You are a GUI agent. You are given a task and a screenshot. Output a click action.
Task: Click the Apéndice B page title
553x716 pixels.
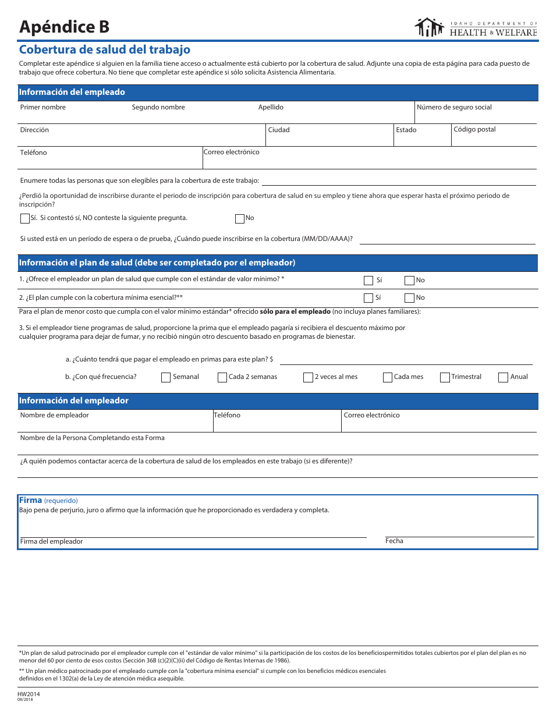(64, 27)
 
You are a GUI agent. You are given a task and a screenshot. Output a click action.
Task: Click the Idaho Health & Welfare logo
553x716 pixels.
(476, 27)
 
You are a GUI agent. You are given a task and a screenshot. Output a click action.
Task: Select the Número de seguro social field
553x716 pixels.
(476, 115)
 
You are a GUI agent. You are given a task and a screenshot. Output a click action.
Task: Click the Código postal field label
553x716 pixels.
(474, 129)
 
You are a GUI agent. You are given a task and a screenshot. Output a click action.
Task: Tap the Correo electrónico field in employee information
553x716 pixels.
(369, 159)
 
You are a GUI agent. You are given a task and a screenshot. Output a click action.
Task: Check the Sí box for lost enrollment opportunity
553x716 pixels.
(24, 219)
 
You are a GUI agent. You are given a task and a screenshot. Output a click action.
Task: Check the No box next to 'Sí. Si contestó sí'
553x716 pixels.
(239, 219)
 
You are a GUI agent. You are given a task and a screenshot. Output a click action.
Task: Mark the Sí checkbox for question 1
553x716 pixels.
(368, 281)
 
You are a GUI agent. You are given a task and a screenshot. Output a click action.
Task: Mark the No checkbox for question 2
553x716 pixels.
(409, 298)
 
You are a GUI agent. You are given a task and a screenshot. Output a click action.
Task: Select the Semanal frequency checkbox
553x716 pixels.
(166, 377)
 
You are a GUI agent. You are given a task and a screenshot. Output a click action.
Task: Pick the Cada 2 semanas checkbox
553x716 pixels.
(222, 377)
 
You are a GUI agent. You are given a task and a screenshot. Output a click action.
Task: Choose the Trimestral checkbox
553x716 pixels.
(445, 377)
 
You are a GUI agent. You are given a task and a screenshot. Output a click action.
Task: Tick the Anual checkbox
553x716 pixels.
(504, 377)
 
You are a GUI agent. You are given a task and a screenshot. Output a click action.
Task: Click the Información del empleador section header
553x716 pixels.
(74, 400)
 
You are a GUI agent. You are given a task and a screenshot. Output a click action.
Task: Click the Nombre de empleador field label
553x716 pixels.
(55, 415)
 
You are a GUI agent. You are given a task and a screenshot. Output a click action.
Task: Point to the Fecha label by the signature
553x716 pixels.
(394, 541)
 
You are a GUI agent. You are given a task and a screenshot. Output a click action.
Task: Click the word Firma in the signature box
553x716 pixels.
(31, 500)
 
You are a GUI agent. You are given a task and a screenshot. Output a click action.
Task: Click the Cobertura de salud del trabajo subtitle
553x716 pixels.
(105, 50)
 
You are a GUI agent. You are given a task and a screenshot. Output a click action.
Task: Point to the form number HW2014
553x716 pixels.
(30, 694)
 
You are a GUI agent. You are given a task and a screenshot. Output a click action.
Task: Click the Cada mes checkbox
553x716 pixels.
(388, 377)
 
